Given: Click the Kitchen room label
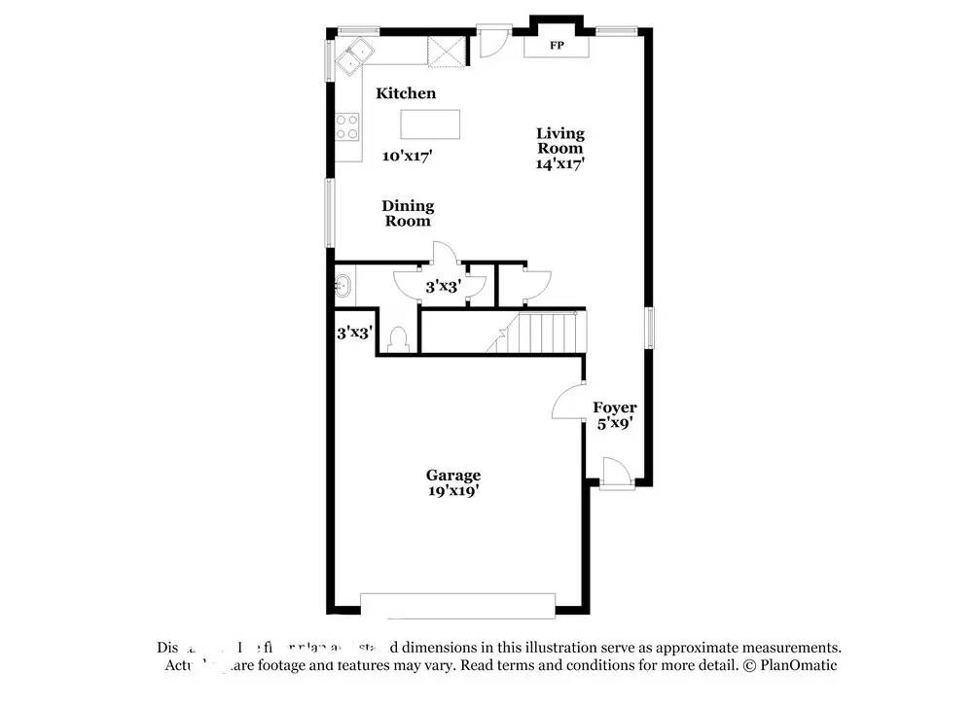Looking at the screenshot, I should coord(406,93).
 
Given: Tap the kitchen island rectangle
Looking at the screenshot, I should coord(430,124).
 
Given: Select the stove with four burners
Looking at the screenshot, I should coord(347,126).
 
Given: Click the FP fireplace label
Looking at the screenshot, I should coord(558,47).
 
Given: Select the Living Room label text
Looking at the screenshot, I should coord(560,141).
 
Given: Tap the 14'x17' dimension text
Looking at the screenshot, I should coord(559,164).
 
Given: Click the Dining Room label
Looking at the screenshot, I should coord(408,213).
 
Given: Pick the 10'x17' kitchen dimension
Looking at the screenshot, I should coord(407,156).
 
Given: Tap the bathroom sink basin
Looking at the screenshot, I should coord(342,286).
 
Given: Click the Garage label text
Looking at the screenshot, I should coord(452,476).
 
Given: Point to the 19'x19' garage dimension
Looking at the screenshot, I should coord(452,492).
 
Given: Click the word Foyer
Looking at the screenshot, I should coord(615,407).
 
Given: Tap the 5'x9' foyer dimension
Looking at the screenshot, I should coord(615,424).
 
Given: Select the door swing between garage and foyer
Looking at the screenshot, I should coord(568,402).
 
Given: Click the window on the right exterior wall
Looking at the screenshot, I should coord(651,327).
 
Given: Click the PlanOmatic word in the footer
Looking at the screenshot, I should coord(798,666).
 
